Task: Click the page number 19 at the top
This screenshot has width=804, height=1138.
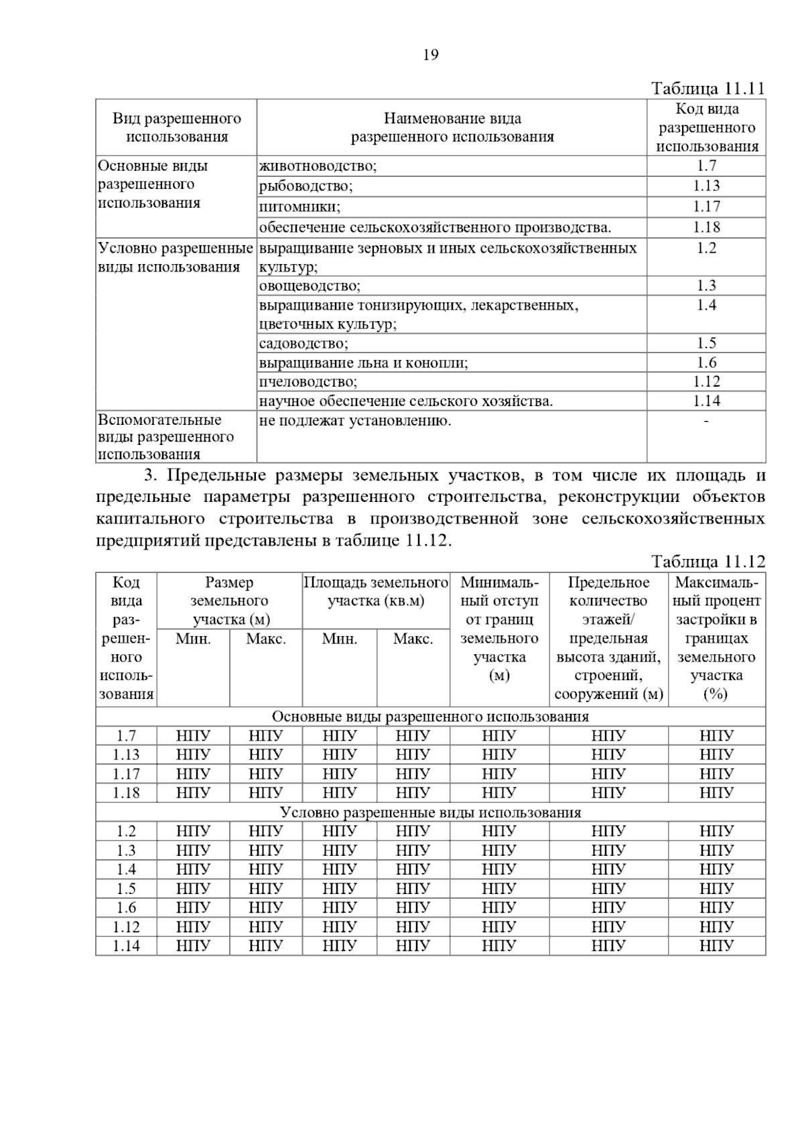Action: (x=431, y=55)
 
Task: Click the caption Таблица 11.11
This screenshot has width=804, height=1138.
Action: (x=708, y=89)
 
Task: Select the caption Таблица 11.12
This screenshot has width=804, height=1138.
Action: (x=708, y=562)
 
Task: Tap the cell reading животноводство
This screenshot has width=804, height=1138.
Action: (x=318, y=166)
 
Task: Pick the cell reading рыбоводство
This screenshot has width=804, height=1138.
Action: (x=306, y=186)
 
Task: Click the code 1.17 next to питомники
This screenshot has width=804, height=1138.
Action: (x=706, y=206)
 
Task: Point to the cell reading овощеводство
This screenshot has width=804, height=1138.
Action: (x=310, y=286)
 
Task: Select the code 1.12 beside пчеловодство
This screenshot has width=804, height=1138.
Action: (x=706, y=382)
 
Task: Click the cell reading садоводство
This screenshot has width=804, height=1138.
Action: (x=304, y=344)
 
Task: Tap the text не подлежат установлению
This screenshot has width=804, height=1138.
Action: (x=355, y=421)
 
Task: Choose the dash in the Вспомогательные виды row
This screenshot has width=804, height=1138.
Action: (x=706, y=421)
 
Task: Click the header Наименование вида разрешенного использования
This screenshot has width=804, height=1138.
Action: (x=452, y=128)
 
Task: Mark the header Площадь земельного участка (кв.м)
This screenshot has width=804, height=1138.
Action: (x=376, y=591)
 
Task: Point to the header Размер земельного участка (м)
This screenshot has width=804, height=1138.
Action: (x=229, y=600)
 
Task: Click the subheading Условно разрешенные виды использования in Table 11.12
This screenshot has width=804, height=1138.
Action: (x=430, y=813)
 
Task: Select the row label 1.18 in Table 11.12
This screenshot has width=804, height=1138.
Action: (x=126, y=793)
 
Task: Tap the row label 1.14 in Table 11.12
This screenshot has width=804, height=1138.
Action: (x=126, y=946)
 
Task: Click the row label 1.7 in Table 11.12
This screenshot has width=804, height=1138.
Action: (x=126, y=736)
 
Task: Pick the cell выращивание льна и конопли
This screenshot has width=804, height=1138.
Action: (x=363, y=363)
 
